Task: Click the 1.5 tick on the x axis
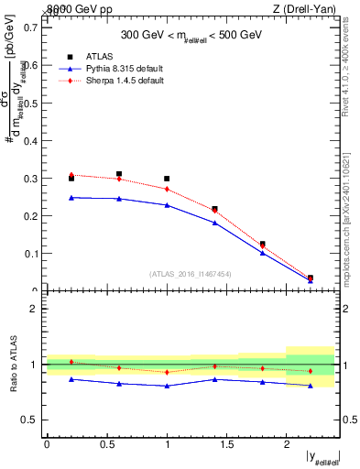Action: [226, 444]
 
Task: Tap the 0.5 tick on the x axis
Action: [107, 444]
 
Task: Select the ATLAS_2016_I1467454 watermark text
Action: [191, 274]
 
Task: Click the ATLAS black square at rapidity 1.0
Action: [167, 179]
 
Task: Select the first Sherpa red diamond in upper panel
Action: [71, 174]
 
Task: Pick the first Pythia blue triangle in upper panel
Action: [71, 197]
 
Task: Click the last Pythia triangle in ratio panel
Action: [311, 386]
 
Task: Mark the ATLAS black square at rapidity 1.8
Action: [263, 244]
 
